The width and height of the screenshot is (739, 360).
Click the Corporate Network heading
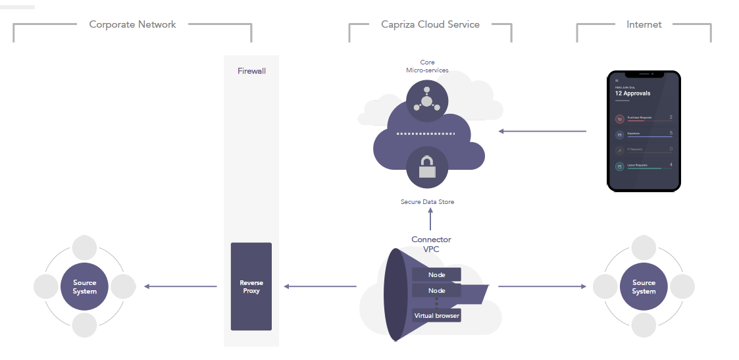point(132,24)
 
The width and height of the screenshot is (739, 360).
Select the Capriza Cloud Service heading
point(430,24)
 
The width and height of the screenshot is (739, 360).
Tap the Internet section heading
point(644,24)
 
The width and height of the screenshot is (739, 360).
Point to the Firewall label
point(251,70)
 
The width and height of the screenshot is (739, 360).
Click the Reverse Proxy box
point(251,286)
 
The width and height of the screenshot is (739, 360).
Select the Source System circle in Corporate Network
point(84,286)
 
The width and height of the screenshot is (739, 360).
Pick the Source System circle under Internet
point(644,286)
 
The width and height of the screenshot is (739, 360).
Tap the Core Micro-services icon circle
point(427,101)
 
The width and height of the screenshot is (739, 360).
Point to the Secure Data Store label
point(427,201)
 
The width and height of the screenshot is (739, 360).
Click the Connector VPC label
point(431,244)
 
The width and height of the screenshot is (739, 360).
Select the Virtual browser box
point(436,316)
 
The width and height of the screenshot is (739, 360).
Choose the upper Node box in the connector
point(436,274)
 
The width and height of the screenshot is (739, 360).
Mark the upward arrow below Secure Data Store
point(431,219)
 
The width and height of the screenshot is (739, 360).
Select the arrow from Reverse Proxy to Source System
point(180,286)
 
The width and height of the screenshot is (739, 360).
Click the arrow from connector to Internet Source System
point(542,286)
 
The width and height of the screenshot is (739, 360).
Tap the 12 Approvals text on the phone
point(632,93)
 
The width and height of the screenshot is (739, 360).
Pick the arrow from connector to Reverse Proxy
point(320,286)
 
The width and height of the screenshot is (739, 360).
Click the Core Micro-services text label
point(427,66)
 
